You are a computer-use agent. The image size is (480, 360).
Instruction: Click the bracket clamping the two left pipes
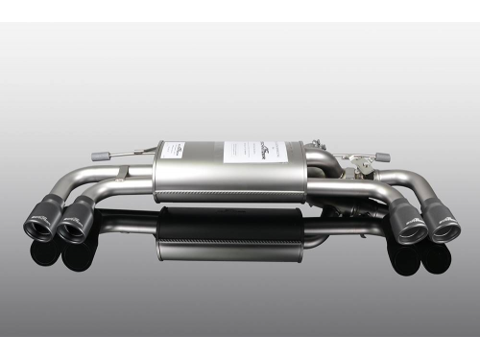pyautogui.click(x=122, y=175)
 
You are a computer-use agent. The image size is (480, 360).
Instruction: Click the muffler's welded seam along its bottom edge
pyautogui.click(x=230, y=200)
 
